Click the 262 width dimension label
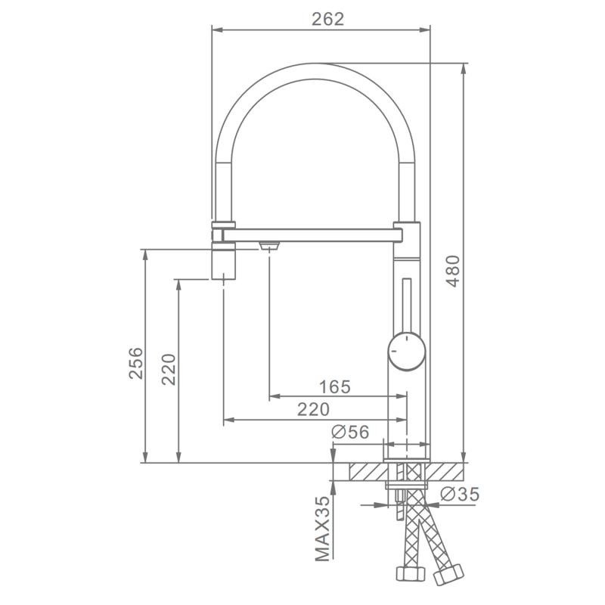pyautogui.click(x=327, y=19)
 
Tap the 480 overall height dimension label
pyautogui.click(x=453, y=271)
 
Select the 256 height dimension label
pyautogui.click(x=136, y=363)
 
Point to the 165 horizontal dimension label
pyautogui.click(x=335, y=386)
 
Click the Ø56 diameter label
pyautogui.click(x=350, y=432)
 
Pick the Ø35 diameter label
pyautogui.click(x=460, y=494)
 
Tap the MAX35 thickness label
pyautogui.click(x=323, y=528)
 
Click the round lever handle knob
pyautogui.click(x=407, y=351)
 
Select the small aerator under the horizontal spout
pyautogui.click(x=269, y=245)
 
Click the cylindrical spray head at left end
pyautogui.click(x=223, y=250)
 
